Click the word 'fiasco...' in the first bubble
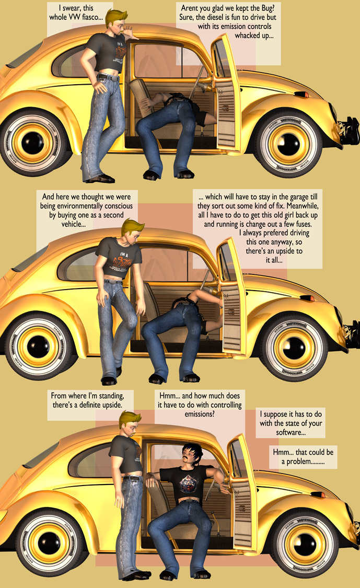coord(91,19)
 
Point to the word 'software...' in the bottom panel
coord(291,433)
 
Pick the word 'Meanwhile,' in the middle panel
coord(302,206)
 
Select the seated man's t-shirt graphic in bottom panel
coord(183,483)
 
